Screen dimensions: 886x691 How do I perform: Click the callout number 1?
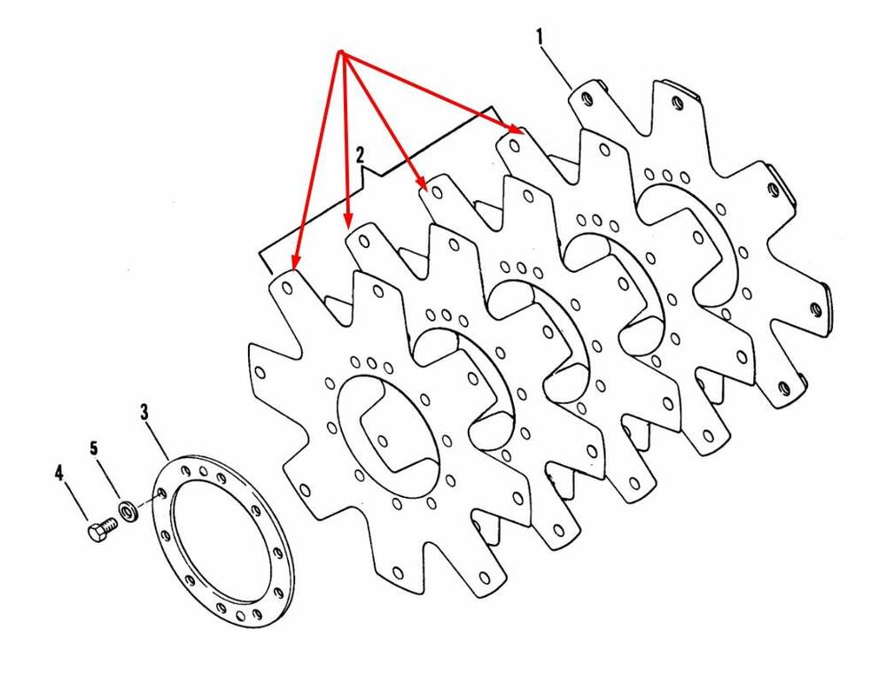click(540, 37)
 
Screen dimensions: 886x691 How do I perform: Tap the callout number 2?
click(360, 155)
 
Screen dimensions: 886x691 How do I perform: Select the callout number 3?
click(144, 412)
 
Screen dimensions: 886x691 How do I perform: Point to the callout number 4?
click(59, 472)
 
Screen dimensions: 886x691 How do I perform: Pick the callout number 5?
click(94, 448)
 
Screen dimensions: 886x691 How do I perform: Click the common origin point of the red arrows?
click(341, 54)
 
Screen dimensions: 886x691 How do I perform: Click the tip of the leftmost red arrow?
click(292, 268)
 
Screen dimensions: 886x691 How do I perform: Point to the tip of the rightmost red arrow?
click(520, 132)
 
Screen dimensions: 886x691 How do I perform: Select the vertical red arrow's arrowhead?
click(348, 221)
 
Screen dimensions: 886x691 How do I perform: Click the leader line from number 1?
click(557, 68)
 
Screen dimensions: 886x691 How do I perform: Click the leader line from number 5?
click(108, 478)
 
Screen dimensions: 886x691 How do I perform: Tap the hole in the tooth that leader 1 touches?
click(587, 101)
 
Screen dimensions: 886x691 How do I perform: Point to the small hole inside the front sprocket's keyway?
click(383, 441)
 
